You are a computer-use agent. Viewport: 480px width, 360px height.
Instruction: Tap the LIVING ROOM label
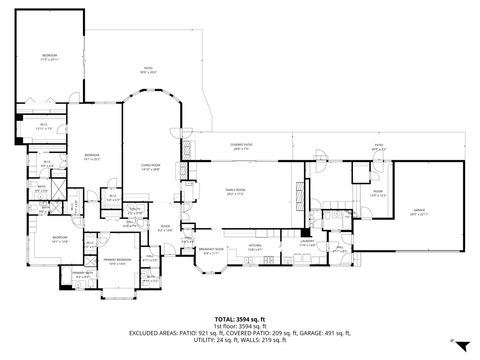tap(151, 169)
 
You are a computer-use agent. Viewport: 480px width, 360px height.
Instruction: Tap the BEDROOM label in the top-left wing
tap(49, 57)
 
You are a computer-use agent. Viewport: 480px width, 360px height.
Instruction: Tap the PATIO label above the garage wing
tap(378, 148)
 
